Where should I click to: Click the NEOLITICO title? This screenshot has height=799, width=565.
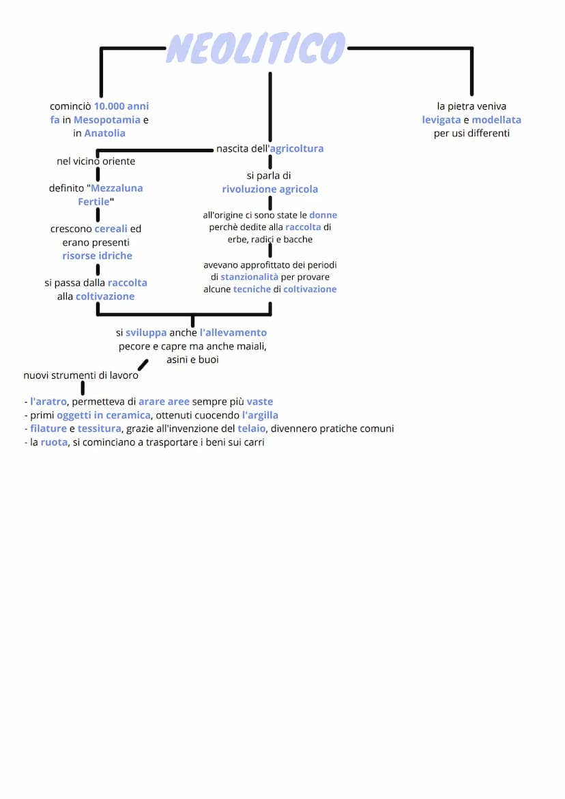[256, 48]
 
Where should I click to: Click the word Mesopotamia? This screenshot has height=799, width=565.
[107, 120]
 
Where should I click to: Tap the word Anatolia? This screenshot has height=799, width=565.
[105, 134]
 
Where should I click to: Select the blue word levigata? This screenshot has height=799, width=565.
[441, 120]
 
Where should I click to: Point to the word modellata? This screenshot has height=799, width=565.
[496, 120]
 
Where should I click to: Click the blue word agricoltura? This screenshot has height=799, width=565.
[297, 149]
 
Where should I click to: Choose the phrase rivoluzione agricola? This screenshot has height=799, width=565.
[270, 189]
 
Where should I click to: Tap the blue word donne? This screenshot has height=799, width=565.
[323, 215]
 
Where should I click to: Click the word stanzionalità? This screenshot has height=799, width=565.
[249, 277]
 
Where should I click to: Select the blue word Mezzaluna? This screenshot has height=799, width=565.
[117, 188]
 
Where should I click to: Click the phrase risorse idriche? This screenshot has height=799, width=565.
[97, 256]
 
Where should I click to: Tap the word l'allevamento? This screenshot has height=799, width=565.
[233, 333]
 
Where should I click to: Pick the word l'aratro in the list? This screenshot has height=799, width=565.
[48, 402]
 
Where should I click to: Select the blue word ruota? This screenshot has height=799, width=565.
[54, 442]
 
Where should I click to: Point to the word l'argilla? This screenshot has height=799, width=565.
[260, 416]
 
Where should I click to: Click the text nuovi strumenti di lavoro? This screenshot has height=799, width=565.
[81, 375]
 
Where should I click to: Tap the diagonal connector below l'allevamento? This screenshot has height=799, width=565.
[143, 364]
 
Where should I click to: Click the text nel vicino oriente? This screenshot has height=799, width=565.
[96, 162]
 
